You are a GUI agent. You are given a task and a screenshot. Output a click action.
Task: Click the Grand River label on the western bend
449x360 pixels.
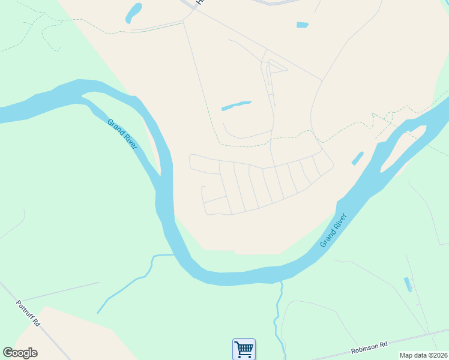[122, 134]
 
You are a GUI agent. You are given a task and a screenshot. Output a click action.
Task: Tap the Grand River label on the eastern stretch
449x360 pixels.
[334, 230]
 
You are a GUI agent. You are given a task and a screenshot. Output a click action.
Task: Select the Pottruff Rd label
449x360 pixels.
[28, 313]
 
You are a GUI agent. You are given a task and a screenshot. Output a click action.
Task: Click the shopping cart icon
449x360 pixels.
[244, 349]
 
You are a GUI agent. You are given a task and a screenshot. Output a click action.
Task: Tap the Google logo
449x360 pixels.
[20, 353]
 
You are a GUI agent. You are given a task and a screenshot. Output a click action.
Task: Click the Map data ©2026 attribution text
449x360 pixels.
[423, 355]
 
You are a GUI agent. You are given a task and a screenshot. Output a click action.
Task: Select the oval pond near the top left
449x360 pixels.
[133, 13]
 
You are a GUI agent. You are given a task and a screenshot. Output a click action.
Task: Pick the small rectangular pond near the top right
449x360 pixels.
[302, 25]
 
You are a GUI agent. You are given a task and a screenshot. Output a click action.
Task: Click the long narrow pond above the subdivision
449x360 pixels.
[236, 106]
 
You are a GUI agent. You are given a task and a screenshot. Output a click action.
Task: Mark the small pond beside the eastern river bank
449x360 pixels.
[357, 158]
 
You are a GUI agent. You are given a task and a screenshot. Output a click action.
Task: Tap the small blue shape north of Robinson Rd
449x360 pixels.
[409, 284]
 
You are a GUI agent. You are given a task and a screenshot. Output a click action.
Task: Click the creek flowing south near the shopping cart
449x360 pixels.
[278, 312]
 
